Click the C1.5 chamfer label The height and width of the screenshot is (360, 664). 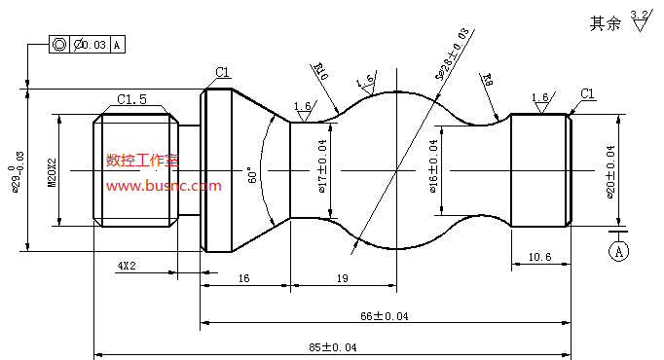[132, 99]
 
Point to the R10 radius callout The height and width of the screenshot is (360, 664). [321, 70]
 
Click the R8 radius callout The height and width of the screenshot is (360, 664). [486, 79]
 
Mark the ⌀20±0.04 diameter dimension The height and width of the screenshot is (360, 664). [610, 171]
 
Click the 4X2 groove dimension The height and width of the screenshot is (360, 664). [128, 265]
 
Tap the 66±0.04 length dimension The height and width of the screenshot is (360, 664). [385, 315]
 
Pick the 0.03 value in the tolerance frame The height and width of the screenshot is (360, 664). [94, 45]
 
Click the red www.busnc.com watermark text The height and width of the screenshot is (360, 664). [164, 186]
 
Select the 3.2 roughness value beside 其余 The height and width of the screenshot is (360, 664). [639, 14]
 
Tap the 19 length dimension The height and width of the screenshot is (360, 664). [343, 278]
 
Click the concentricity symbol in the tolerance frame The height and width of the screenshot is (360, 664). [59, 45]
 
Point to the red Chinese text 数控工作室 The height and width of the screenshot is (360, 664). [142, 162]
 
